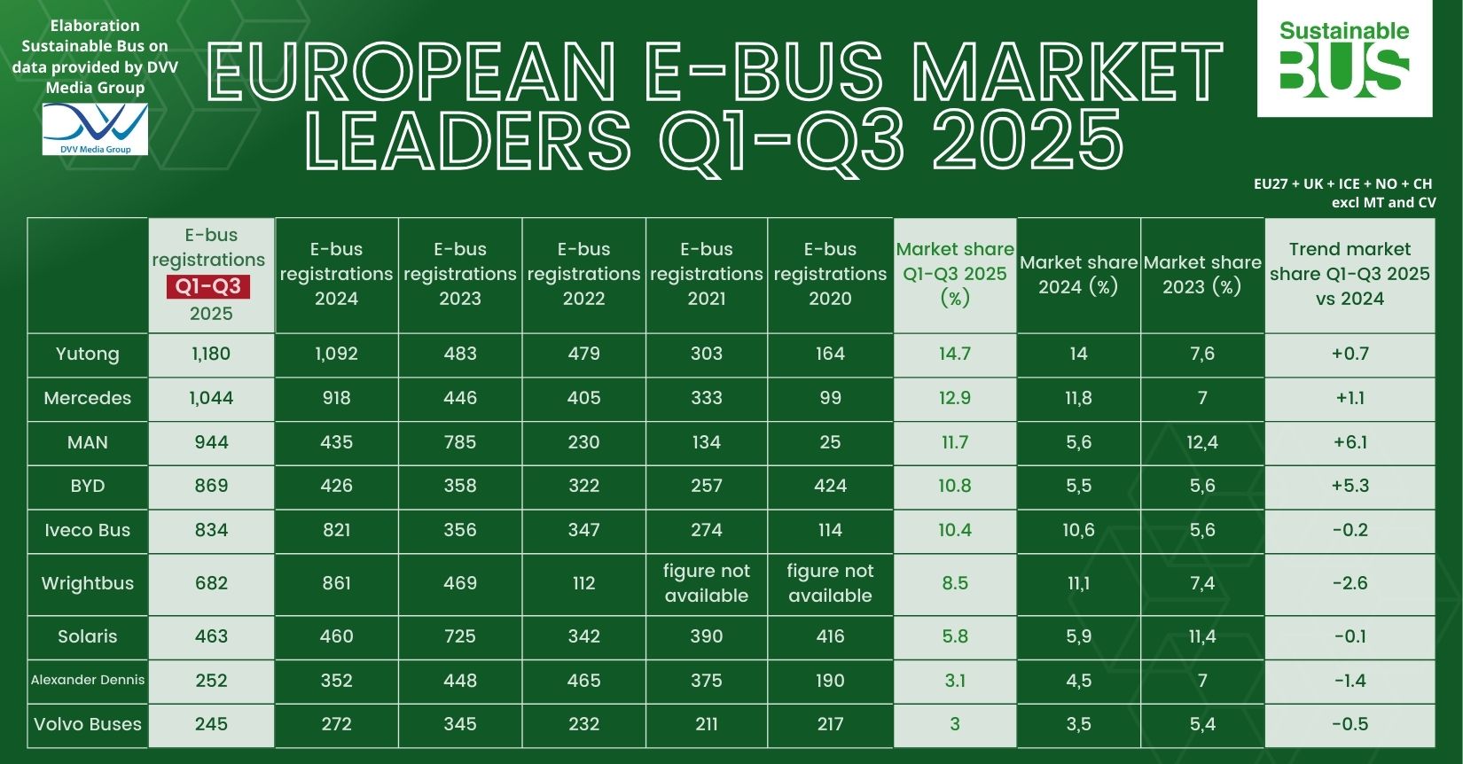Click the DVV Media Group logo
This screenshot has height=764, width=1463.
[95, 129]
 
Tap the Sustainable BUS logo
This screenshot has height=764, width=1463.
[1344, 59]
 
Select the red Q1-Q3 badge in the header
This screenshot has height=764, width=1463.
[207, 287]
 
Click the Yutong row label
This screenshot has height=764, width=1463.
[87, 354]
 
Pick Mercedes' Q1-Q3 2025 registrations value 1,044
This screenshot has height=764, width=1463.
[211, 398]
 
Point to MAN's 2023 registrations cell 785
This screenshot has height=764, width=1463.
[459, 441]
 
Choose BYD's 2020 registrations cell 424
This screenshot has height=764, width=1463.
[830, 486]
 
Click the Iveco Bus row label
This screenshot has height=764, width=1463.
[87, 530]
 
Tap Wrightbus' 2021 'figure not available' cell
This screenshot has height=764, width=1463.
[707, 583]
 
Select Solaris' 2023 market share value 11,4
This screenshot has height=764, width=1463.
[1202, 636]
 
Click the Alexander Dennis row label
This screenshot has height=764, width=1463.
[87, 680]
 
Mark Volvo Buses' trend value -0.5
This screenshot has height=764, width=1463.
[1350, 724]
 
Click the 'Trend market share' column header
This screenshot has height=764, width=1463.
[1350, 274]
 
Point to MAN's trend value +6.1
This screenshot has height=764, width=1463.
[1350, 441]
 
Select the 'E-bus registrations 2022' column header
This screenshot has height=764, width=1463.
[583, 274]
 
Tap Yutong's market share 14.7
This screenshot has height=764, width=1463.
[954, 354]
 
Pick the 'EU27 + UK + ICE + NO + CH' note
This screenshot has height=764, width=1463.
[1342, 184]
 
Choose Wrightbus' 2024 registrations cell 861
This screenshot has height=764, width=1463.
[336, 583]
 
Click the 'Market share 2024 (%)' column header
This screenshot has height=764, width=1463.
[1078, 275]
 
